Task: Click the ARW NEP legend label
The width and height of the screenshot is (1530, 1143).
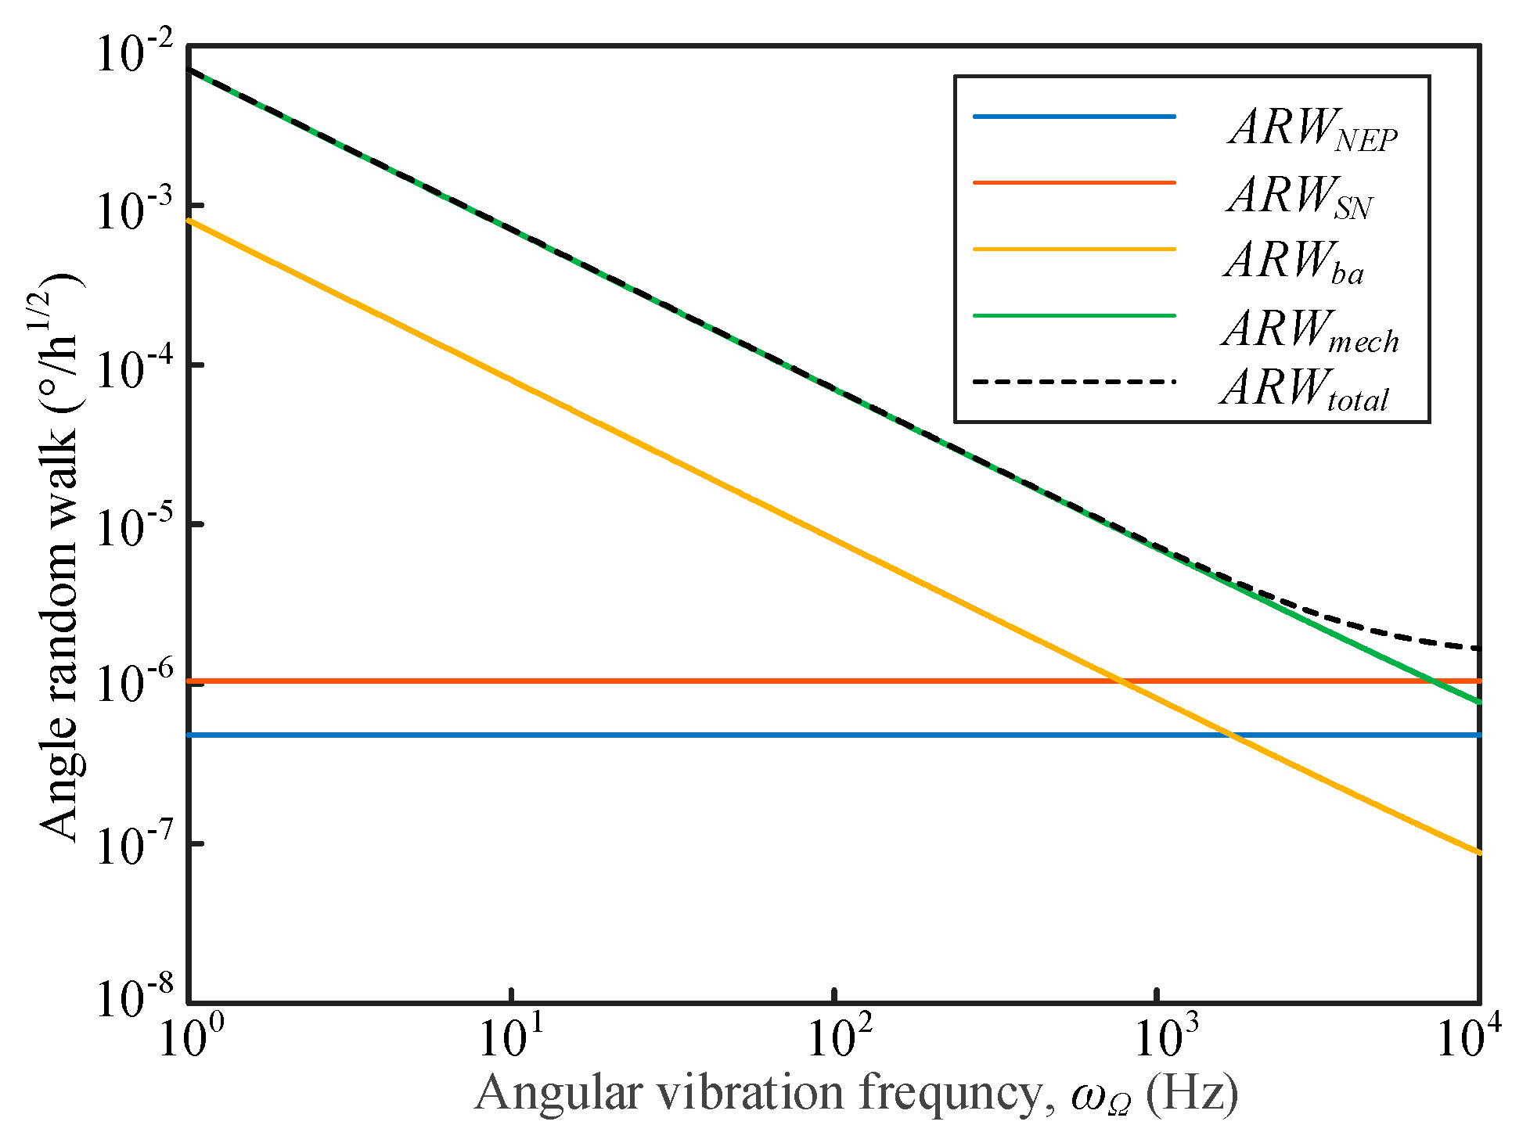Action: coord(1313,128)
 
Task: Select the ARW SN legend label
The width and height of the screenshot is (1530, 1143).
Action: coord(1300,196)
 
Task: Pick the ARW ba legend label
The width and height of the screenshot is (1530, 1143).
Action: coord(1294,261)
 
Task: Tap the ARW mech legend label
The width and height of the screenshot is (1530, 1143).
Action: coord(1310,329)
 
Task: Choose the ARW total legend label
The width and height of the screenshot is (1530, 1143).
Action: coord(1304,388)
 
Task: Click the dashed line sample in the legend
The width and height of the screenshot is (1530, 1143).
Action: coord(1074,382)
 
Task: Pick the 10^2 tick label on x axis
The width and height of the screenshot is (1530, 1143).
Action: coord(835,1041)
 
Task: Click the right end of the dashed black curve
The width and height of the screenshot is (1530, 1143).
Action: coord(1478,649)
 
